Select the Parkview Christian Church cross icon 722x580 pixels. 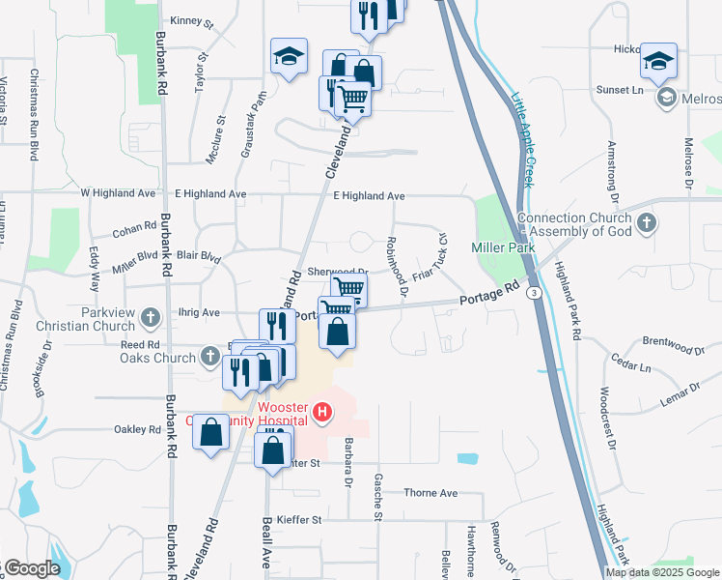coord(150,316)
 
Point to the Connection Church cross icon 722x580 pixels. coord(647,224)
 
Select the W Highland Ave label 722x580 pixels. coord(119,193)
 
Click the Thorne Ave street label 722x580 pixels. coord(430,493)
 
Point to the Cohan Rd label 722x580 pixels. coord(134,228)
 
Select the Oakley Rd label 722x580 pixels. coord(137,429)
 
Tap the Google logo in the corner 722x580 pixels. coord(31,568)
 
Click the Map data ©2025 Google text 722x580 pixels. coord(662,572)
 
